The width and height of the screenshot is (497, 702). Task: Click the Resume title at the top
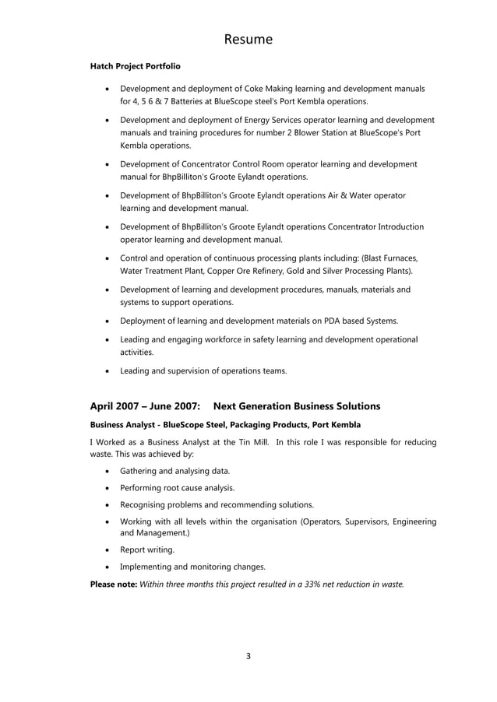[248, 39]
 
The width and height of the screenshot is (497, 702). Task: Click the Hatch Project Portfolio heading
[135, 67]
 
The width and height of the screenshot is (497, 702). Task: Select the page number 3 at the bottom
[248, 656]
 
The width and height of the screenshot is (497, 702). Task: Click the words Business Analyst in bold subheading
[122, 425]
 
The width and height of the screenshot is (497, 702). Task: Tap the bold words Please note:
[113, 583]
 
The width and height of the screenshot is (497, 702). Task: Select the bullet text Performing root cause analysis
[177, 488]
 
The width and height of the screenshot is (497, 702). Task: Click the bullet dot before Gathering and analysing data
[107, 472]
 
